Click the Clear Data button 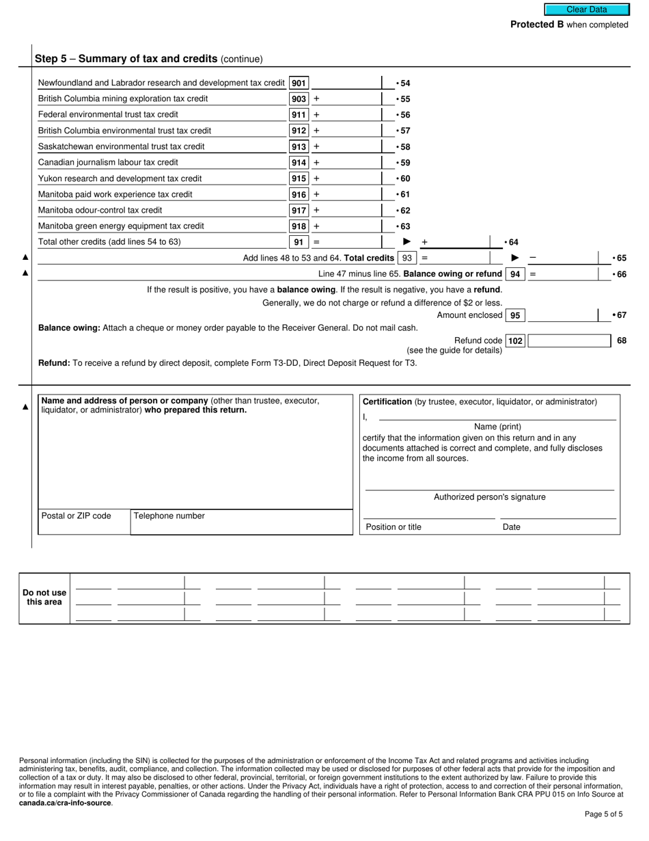click(585, 10)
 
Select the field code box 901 click(299, 83)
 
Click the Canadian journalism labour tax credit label click(108, 162)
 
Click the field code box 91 click(299, 242)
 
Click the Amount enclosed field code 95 click(515, 315)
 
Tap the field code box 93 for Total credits click(407, 258)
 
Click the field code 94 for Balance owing click(515, 274)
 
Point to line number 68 click(621, 341)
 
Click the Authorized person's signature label click(489, 497)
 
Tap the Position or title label click(393, 527)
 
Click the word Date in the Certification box click(511, 527)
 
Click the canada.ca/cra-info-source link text click(65, 803)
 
